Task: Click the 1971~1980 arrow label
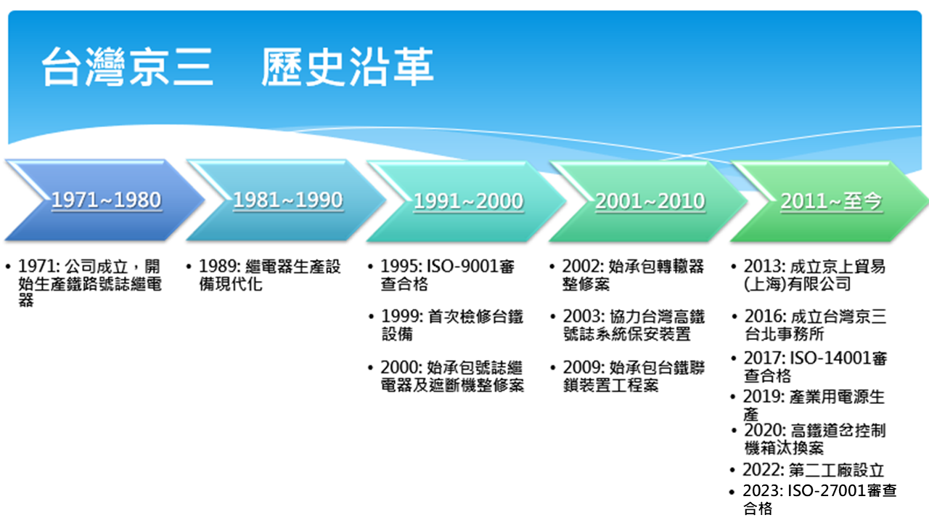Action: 106,200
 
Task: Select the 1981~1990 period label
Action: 288,200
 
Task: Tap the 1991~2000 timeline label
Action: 469,201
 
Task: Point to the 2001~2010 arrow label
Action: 650,201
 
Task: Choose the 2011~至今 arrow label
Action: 831,201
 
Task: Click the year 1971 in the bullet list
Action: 39,266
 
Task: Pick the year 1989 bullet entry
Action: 220,266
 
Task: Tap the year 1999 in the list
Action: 402,316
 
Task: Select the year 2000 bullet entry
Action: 401,368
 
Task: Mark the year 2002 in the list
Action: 583,266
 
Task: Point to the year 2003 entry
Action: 584,316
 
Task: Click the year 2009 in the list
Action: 584,368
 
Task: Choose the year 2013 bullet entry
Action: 765,266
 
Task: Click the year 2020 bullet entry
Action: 765,430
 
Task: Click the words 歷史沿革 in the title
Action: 348,66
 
